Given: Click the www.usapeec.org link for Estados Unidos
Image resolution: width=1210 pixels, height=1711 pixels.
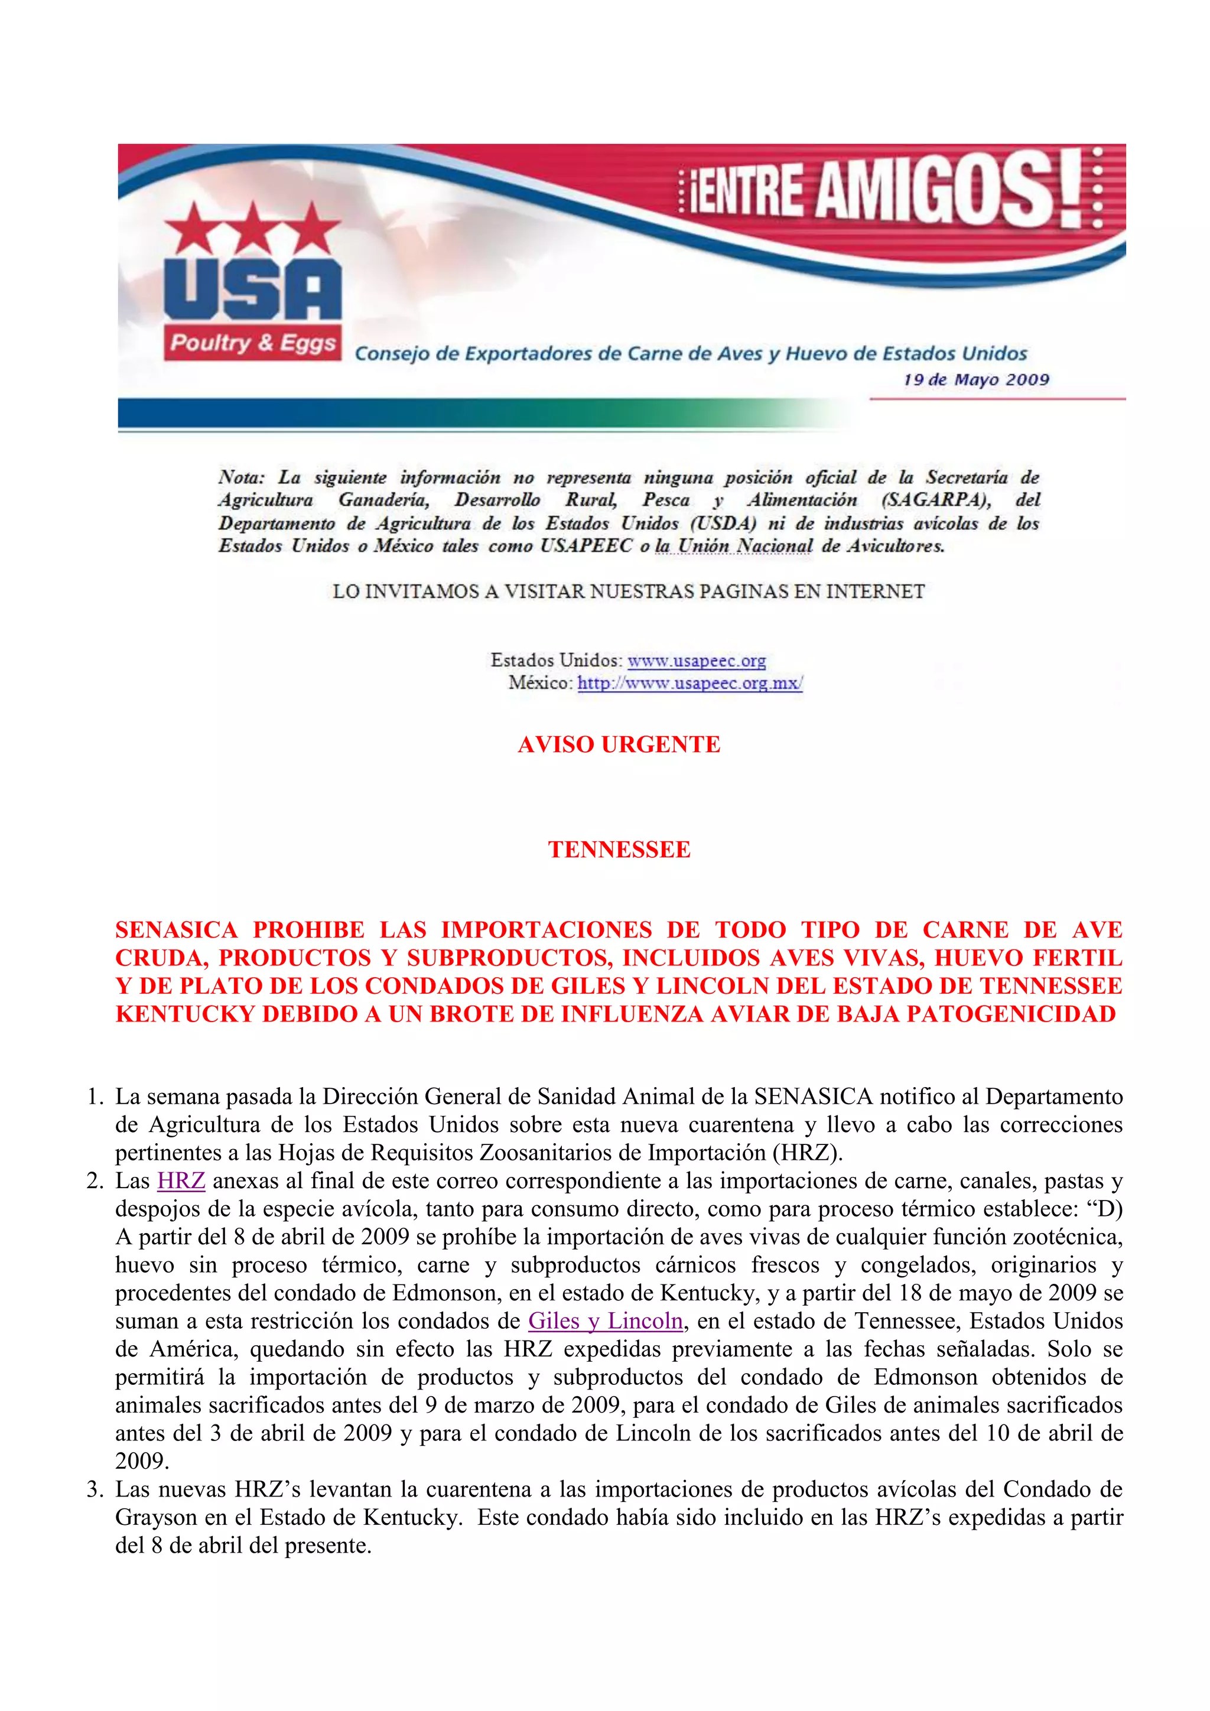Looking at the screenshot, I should [x=696, y=661].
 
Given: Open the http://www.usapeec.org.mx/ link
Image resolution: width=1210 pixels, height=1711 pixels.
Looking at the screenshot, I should [x=690, y=684].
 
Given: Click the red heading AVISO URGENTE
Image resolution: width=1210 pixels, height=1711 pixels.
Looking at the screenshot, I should [x=619, y=744].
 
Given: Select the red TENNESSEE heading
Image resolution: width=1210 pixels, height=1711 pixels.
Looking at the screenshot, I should [x=619, y=850].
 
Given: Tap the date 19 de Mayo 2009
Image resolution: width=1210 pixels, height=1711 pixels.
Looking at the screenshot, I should [x=976, y=380].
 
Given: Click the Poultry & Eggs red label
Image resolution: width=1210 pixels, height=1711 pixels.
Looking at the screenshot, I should [x=253, y=343].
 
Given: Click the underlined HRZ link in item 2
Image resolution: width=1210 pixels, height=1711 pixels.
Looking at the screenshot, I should [x=181, y=1181].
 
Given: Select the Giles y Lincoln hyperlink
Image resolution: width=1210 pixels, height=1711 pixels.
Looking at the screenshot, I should [x=605, y=1321].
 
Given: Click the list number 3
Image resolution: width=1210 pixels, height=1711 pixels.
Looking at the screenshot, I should [x=94, y=1489].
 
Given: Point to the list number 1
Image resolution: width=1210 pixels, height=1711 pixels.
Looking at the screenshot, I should [x=94, y=1097].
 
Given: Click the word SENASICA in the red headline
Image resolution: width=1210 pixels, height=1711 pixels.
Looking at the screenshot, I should [x=176, y=930].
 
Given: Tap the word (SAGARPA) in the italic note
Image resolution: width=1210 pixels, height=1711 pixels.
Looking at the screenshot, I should [x=935, y=500].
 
